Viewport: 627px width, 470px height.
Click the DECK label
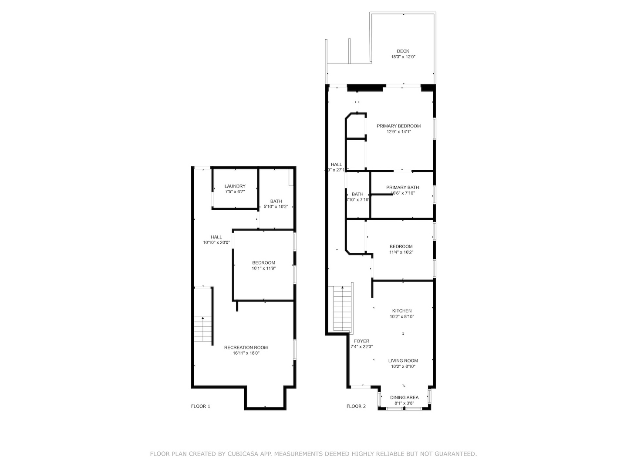click(403, 51)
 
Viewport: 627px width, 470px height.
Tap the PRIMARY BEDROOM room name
click(398, 126)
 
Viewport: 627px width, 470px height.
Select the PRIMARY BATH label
click(402, 188)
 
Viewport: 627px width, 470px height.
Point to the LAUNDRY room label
click(235, 186)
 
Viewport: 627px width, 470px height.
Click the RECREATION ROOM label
click(246, 347)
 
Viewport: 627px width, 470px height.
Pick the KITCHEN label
click(401, 311)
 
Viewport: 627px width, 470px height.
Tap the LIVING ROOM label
click(403, 360)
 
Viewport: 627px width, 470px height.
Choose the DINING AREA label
click(404, 397)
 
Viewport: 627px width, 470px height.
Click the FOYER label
click(361, 341)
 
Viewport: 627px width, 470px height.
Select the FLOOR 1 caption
click(200, 406)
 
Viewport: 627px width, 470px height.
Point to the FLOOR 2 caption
click(356, 406)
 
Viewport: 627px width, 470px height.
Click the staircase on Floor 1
click(202, 329)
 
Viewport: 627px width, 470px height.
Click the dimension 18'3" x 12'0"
click(403, 57)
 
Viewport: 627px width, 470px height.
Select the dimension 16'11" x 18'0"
click(246, 353)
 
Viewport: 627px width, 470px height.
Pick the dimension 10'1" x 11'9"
click(263, 269)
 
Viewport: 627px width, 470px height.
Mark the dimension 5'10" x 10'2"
click(276, 207)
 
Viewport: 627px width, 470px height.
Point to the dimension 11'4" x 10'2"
click(401, 252)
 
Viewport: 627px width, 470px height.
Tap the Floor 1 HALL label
click(216, 237)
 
